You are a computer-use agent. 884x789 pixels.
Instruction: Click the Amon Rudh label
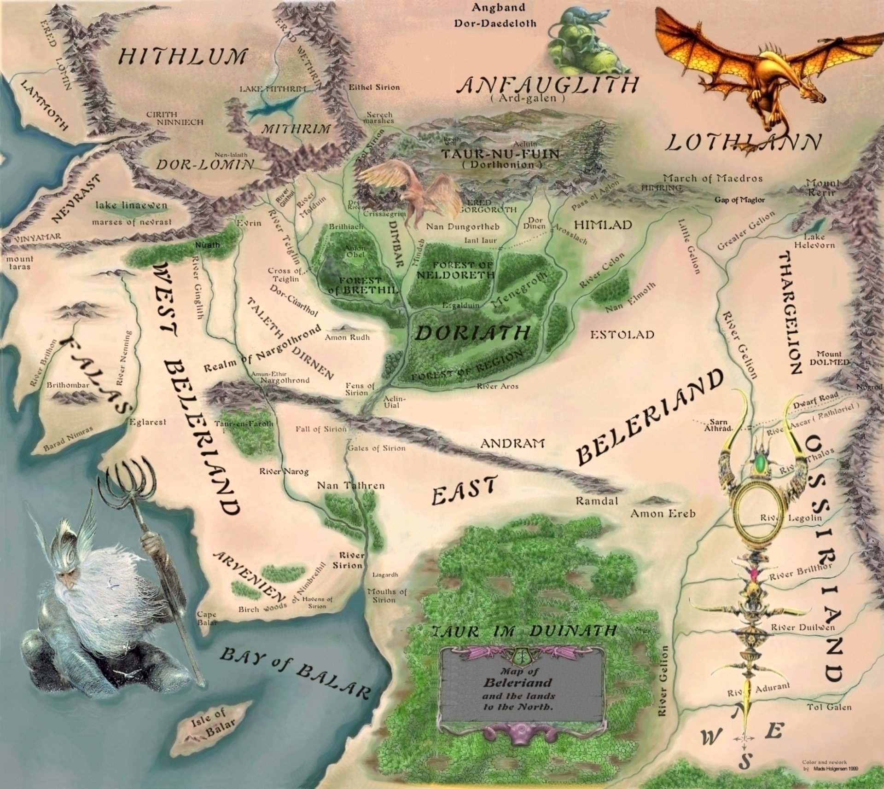[347, 337]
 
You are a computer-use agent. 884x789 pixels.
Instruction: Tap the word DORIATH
[472, 333]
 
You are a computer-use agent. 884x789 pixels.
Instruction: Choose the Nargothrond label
[285, 381]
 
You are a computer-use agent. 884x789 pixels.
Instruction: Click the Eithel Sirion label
[374, 87]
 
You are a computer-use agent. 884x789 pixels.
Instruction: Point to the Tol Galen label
[829, 707]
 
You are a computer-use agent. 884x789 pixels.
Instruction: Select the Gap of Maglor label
[739, 200]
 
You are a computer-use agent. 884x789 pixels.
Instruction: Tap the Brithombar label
[68, 385]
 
